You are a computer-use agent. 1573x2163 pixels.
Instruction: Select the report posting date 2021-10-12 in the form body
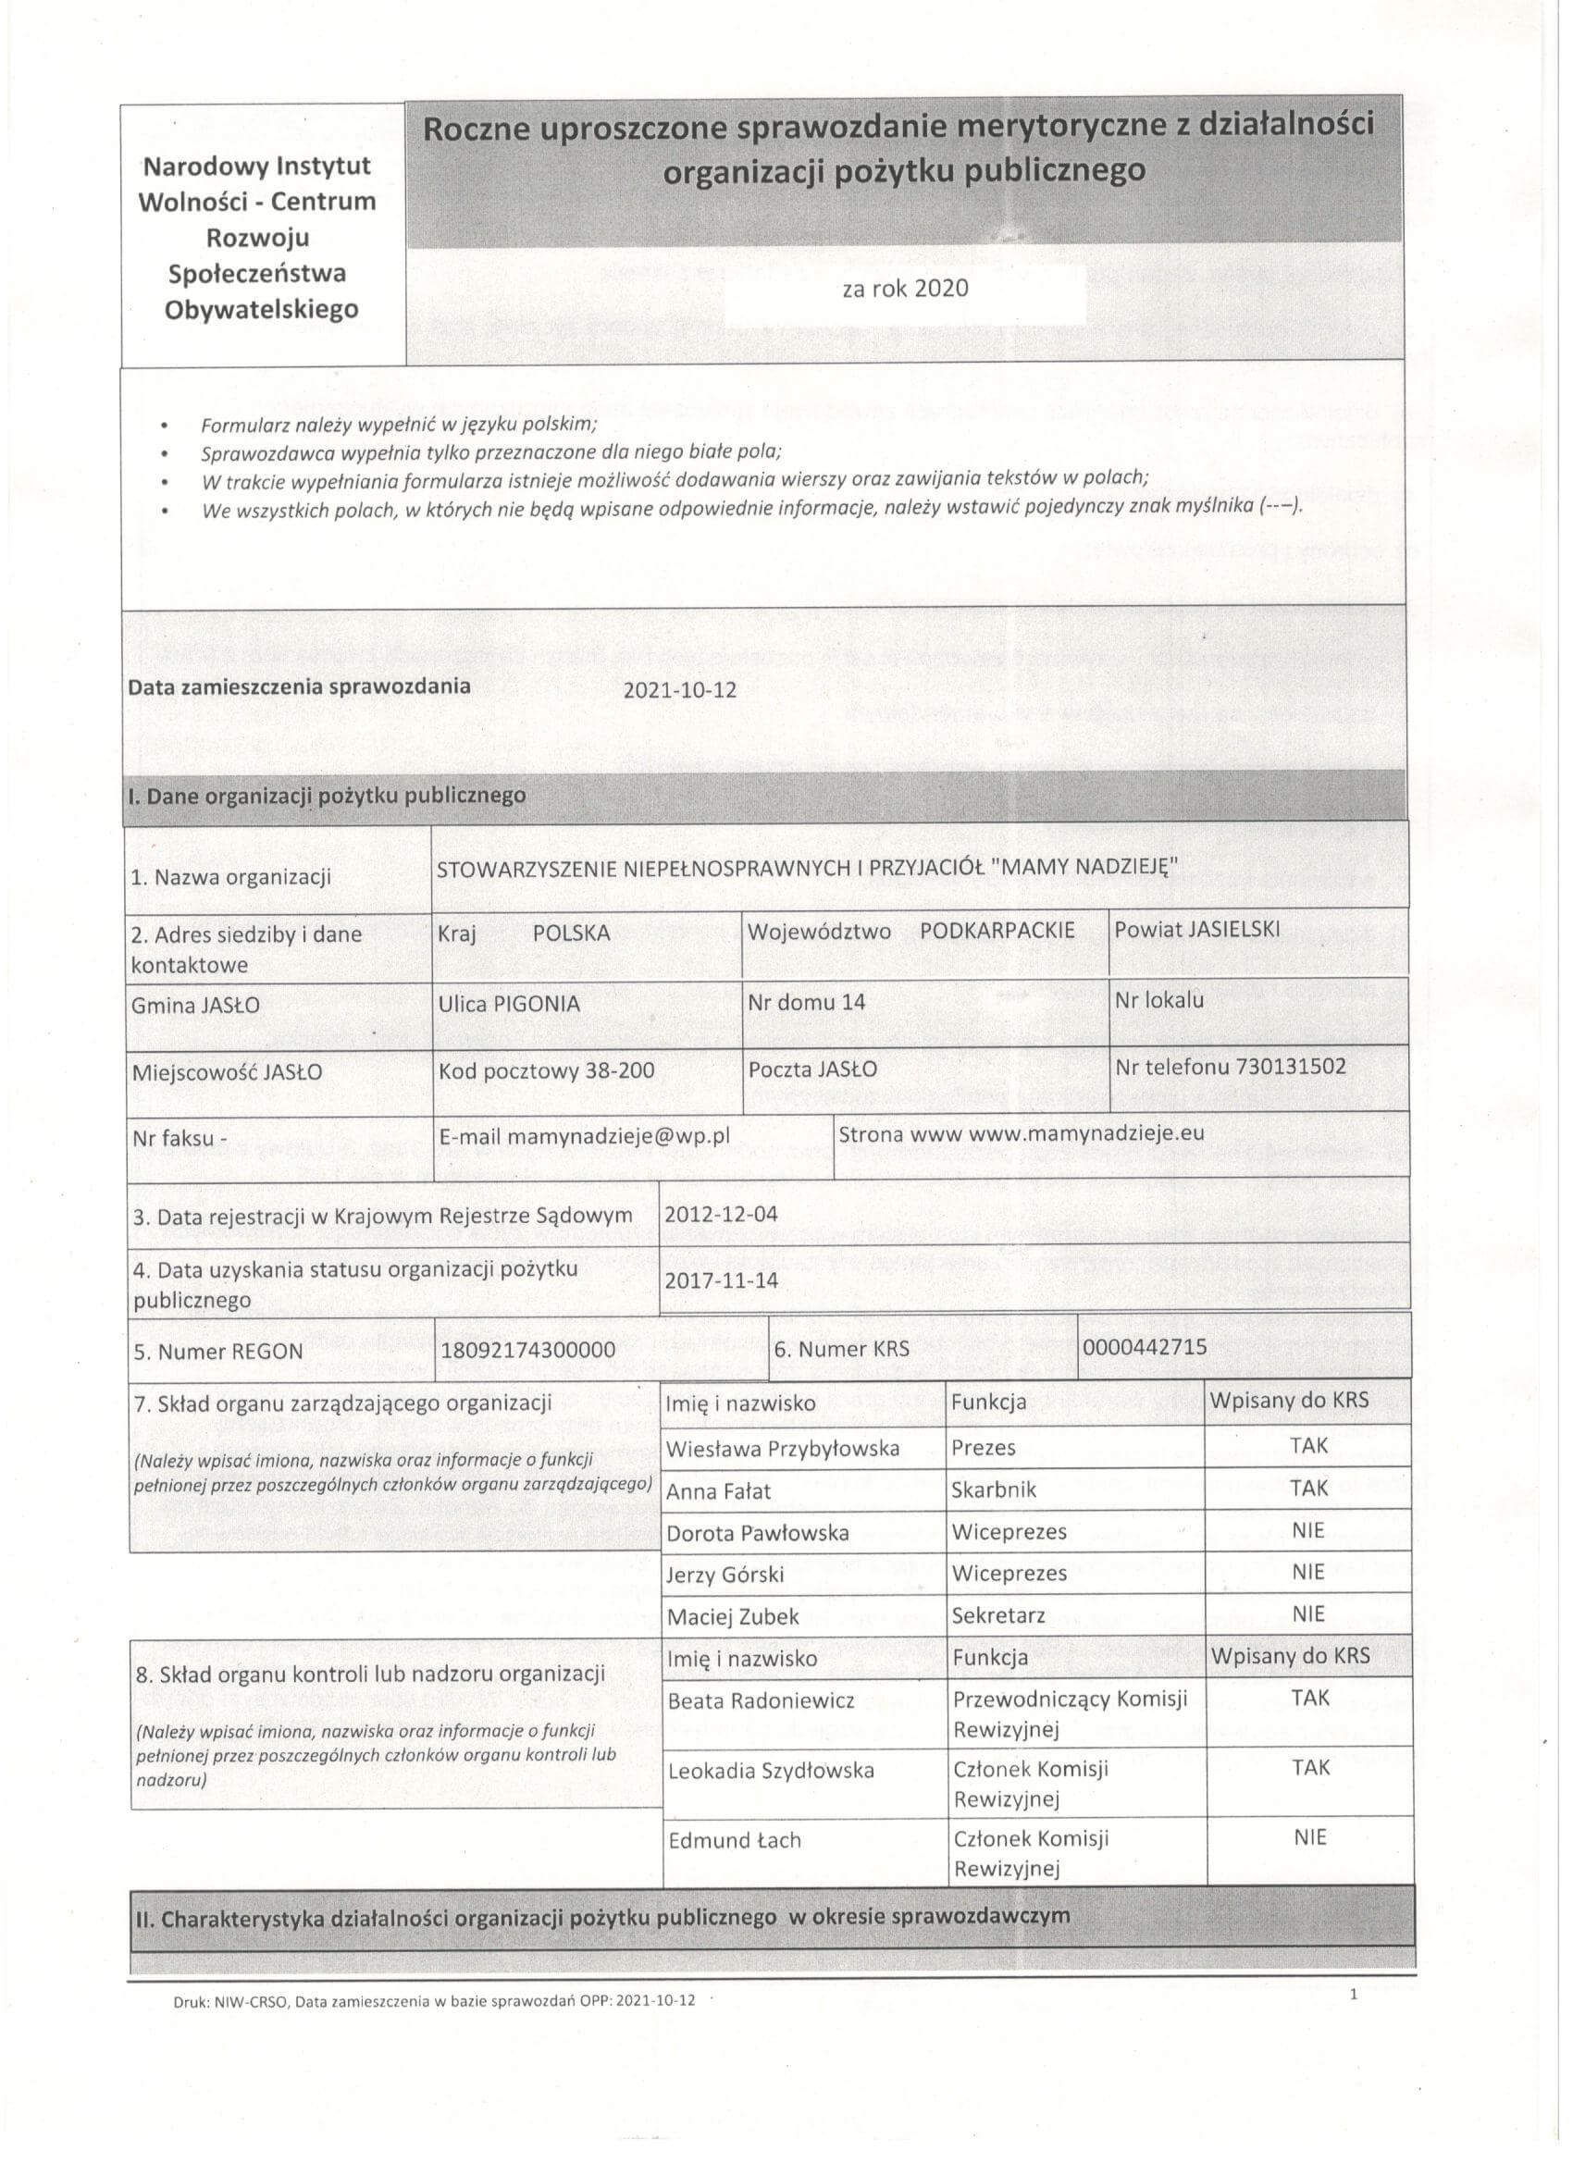pyautogui.click(x=679, y=689)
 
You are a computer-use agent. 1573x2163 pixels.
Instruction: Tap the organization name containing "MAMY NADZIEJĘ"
pyautogui.click(x=807, y=868)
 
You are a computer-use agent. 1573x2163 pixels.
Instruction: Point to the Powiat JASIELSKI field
pyautogui.click(x=1197, y=930)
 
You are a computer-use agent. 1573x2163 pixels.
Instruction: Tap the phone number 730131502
pyautogui.click(x=1290, y=1067)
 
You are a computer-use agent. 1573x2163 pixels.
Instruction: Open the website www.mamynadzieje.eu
pyautogui.click(x=1085, y=1133)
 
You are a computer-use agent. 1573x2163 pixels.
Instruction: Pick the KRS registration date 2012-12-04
pyautogui.click(x=721, y=1214)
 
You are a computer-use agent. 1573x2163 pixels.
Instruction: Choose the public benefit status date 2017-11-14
pyautogui.click(x=721, y=1280)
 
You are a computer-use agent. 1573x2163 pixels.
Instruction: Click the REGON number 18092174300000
pyautogui.click(x=527, y=1350)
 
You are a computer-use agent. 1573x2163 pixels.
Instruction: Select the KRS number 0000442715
pyautogui.click(x=1145, y=1347)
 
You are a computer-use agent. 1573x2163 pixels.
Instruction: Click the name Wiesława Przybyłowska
pyautogui.click(x=782, y=1450)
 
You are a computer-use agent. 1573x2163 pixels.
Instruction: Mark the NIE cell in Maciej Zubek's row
pyautogui.click(x=1308, y=1613)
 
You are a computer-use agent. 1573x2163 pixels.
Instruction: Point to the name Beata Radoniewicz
pyautogui.click(x=762, y=1700)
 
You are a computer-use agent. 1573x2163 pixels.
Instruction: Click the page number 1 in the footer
pyautogui.click(x=1354, y=1995)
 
